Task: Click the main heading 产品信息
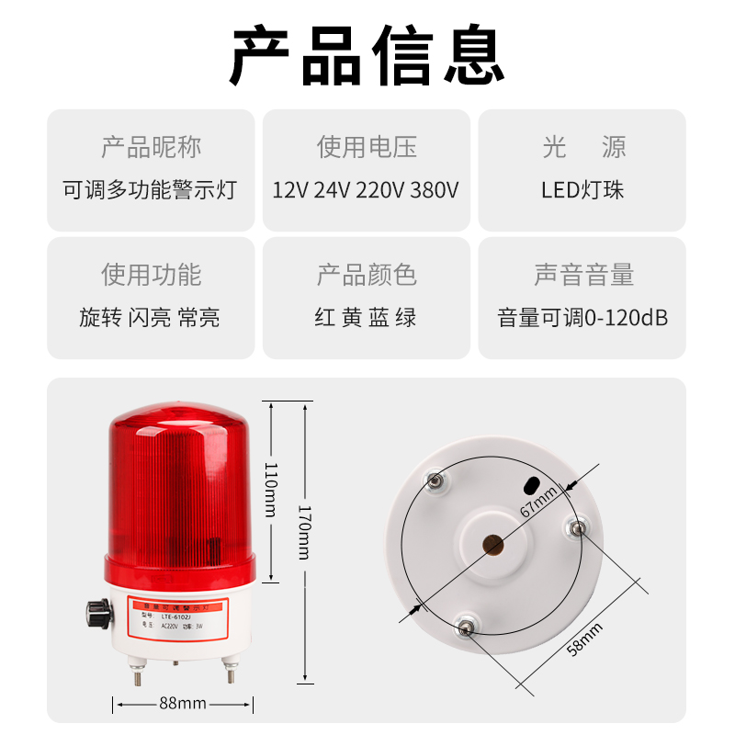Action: (367, 55)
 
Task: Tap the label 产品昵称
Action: (151, 147)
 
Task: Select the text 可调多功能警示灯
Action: (150, 190)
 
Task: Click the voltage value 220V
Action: (380, 190)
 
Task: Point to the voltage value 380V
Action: (435, 190)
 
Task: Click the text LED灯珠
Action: (582, 190)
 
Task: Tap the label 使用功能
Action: (151, 275)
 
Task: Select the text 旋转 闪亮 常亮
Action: (150, 318)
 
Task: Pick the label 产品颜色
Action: (367, 275)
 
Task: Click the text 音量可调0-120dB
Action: (582, 318)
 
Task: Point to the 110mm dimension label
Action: (270, 489)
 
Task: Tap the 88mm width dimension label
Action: (182, 704)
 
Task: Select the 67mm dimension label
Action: (539, 503)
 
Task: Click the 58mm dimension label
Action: (585, 639)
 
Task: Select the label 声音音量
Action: (582, 275)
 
